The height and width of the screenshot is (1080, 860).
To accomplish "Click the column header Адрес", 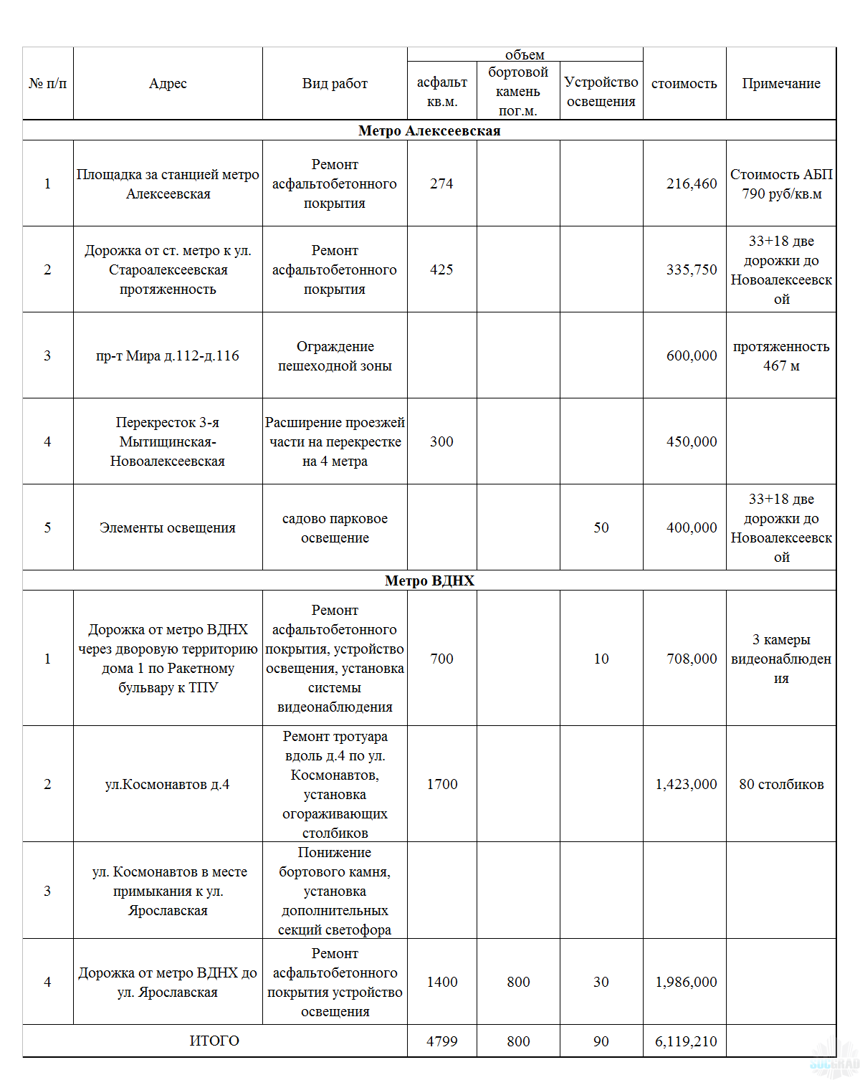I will point(168,84).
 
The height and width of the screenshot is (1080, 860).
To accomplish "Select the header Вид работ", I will point(335,84).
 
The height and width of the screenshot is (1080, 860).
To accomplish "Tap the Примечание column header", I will point(781,84).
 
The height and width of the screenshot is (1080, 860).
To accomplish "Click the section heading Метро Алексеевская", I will point(429,130).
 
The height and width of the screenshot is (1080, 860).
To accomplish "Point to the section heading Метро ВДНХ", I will point(429,580).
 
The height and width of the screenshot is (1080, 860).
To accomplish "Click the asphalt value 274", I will point(441,183).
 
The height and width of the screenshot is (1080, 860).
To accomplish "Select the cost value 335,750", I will point(692,269).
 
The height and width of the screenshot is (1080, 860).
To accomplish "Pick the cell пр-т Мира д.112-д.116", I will point(168,355).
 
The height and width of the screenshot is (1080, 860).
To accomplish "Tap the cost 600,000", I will point(692,355).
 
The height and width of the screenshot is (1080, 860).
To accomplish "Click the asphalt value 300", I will point(441,441).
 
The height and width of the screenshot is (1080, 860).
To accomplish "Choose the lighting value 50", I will point(601,527).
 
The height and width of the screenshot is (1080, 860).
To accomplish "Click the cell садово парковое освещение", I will point(335,528).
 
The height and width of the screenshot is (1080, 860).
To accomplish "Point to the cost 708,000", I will point(692,659).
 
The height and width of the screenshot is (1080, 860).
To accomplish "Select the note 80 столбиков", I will point(781,784).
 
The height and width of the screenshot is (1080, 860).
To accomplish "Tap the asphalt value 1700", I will point(442,784).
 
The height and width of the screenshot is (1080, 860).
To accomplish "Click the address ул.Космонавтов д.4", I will point(168,784).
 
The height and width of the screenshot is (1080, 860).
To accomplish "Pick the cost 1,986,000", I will point(686,982).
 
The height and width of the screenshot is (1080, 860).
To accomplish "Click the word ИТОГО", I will point(214,1041).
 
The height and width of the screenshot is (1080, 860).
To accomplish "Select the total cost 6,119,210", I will point(686,1041).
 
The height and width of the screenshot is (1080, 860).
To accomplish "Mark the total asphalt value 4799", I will point(442,1041).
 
